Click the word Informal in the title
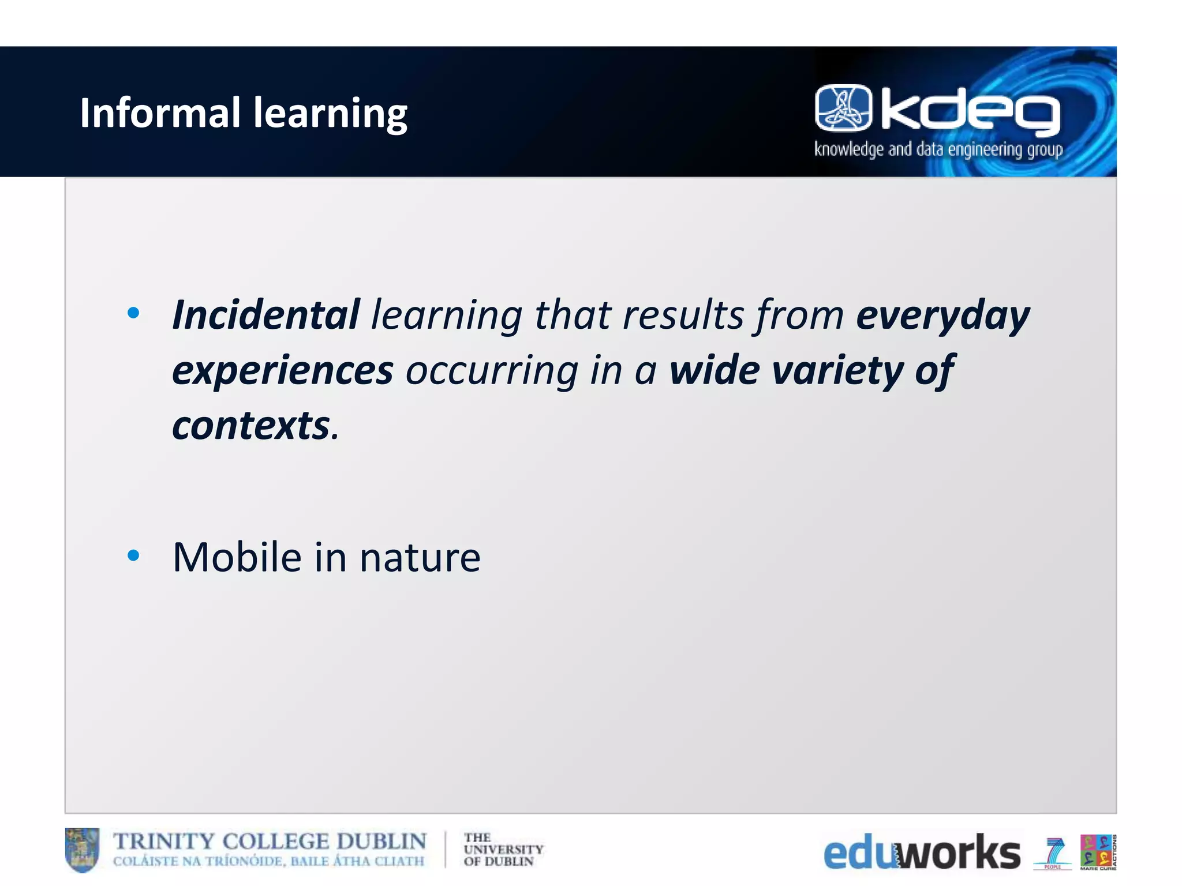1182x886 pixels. pos(159,112)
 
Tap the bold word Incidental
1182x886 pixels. pos(266,315)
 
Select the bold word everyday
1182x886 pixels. pos(942,316)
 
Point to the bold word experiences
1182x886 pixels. pos(283,371)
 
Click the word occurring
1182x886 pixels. pos(492,371)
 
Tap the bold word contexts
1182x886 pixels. pos(251,426)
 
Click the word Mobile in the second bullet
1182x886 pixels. pos(237,558)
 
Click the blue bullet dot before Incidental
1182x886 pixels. pos(133,314)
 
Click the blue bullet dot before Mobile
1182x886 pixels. pos(133,555)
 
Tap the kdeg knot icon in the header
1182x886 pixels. pos(843,108)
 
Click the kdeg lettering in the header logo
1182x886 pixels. pos(970,112)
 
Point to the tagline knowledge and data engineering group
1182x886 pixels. pos(938,150)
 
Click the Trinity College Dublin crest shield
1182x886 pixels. pos(82,849)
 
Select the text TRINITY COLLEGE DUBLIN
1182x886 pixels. pos(270,842)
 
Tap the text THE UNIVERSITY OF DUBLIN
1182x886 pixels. pos(502,850)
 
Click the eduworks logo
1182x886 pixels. pos(921,853)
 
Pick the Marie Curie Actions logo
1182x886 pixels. pos(1098,851)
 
